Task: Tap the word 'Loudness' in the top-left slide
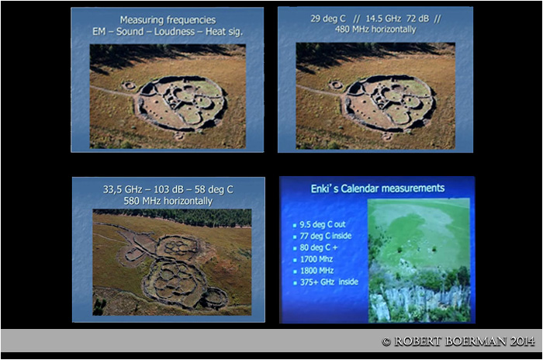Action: point(175,32)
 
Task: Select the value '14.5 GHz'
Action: point(384,19)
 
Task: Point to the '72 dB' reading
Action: point(417,19)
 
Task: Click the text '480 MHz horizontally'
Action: point(375,29)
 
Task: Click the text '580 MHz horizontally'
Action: point(168,201)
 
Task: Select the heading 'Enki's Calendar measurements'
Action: point(378,189)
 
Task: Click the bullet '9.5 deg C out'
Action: point(323,224)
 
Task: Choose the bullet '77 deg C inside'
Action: point(326,236)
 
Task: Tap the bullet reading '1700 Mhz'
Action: point(316,259)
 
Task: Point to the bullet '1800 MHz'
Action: point(316,271)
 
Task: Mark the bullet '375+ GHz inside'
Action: point(329,282)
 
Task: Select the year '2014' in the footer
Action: point(523,341)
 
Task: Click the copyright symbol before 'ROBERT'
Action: point(386,342)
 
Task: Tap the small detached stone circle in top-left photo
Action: point(129,85)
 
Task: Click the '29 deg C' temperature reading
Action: point(327,19)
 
